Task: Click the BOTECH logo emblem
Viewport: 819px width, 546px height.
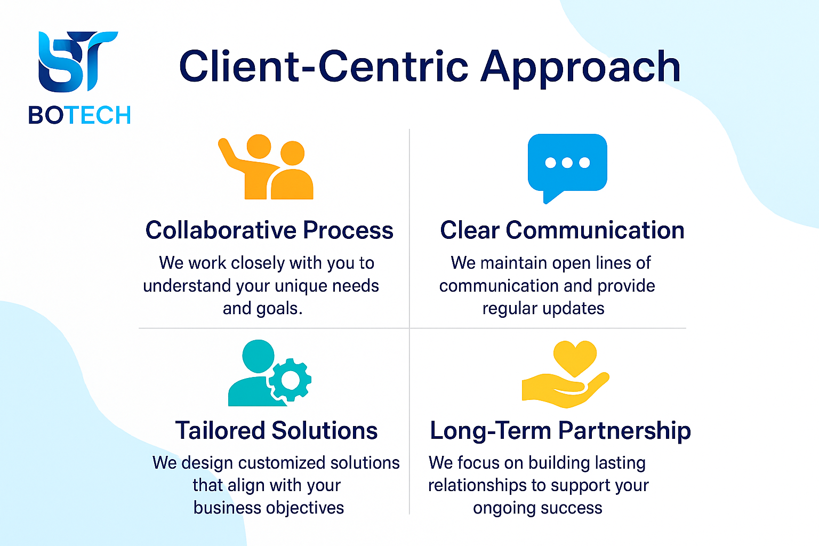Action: pos(78,61)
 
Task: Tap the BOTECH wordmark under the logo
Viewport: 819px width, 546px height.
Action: pos(79,115)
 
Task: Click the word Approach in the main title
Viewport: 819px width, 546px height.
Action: pos(580,68)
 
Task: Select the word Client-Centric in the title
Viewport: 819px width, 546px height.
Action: pos(324,66)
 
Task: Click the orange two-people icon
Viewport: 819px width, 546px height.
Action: pos(266,167)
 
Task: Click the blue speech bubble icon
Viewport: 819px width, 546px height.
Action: pos(567,168)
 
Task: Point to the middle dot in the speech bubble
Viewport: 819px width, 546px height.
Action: pos(567,163)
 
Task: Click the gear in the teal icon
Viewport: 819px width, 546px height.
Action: pos(290,380)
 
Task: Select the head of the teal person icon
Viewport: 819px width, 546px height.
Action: pos(258,356)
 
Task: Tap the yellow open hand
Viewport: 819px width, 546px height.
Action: pos(565,390)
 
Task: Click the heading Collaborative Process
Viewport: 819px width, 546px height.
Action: pos(269,230)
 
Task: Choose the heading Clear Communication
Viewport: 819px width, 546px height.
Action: pos(562,230)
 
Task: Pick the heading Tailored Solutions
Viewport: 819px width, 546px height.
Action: pos(276,430)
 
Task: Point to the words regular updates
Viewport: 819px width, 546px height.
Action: pos(543,309)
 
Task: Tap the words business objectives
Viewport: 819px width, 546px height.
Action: pos(269,508)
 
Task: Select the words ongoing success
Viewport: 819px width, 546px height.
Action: pos(537,508)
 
